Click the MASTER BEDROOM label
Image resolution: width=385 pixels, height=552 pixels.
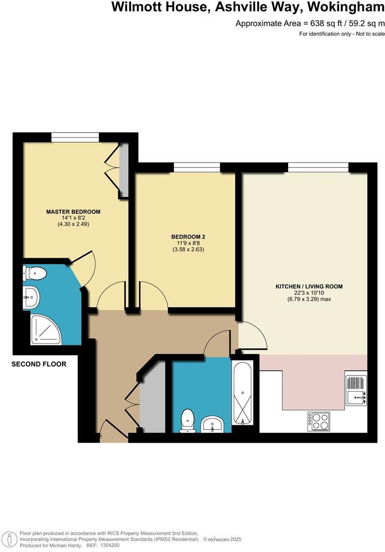pos(73,212)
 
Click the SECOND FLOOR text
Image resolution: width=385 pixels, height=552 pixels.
pos(39,364)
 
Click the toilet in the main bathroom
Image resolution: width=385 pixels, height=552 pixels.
pos(187,420)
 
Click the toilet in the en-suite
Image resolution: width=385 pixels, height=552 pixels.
pos(35,274)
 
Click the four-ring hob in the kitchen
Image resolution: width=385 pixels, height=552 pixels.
pos(318,421)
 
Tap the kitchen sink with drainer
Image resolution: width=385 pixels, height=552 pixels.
pos(356,390)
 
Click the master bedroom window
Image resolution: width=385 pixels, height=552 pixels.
pos(75,137)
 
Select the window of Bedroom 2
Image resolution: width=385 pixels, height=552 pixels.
pos(196,168)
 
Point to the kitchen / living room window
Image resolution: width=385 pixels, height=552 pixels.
pos(318,168)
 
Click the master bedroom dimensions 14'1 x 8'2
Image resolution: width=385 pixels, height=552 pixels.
pos(73,218)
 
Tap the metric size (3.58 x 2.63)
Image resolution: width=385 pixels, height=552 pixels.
pos(188,249)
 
